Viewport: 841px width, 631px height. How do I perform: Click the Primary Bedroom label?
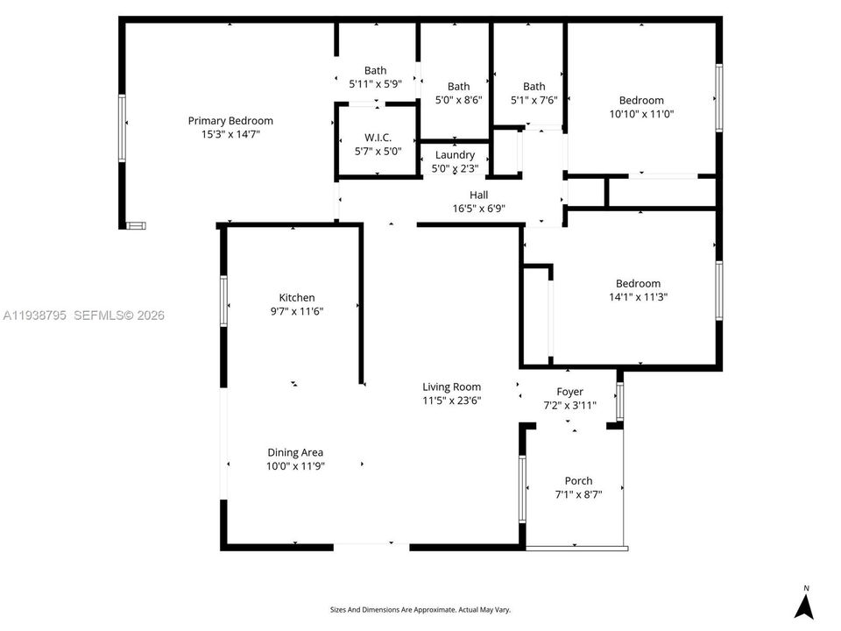tap(230, 121)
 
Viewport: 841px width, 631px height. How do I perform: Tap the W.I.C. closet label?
tap(378, 138)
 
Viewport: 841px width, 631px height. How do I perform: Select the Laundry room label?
tap(455, 155)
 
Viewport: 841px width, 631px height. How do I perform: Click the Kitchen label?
tap(296, 298)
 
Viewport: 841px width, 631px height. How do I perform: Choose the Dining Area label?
tap(295, 453)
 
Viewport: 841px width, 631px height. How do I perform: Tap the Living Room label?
tap(451, 386)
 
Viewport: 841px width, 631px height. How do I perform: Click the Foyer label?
tap(569, 392)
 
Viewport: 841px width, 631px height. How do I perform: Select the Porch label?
tap(578, 481)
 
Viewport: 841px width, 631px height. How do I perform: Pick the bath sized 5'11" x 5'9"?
tap(375, 84)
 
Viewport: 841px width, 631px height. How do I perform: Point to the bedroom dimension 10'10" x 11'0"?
tap(641, 113)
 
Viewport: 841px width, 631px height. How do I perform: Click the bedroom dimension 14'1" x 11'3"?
tap(638, 296)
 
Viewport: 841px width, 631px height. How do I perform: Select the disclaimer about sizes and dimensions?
tap(420, 609)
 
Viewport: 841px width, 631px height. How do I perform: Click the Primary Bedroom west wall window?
tap(123, 128)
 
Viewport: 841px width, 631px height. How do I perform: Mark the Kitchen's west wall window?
tap(224, 301)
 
